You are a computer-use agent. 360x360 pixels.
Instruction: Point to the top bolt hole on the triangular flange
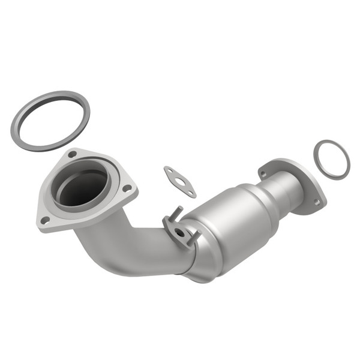72,155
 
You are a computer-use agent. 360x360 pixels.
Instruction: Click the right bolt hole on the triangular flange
127,188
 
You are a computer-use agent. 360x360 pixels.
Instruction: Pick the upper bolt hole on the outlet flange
263,174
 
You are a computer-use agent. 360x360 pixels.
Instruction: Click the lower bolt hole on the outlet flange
316,202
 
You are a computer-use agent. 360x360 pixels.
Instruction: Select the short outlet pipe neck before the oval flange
288,190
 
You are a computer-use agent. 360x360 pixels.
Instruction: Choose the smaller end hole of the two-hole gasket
191,193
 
